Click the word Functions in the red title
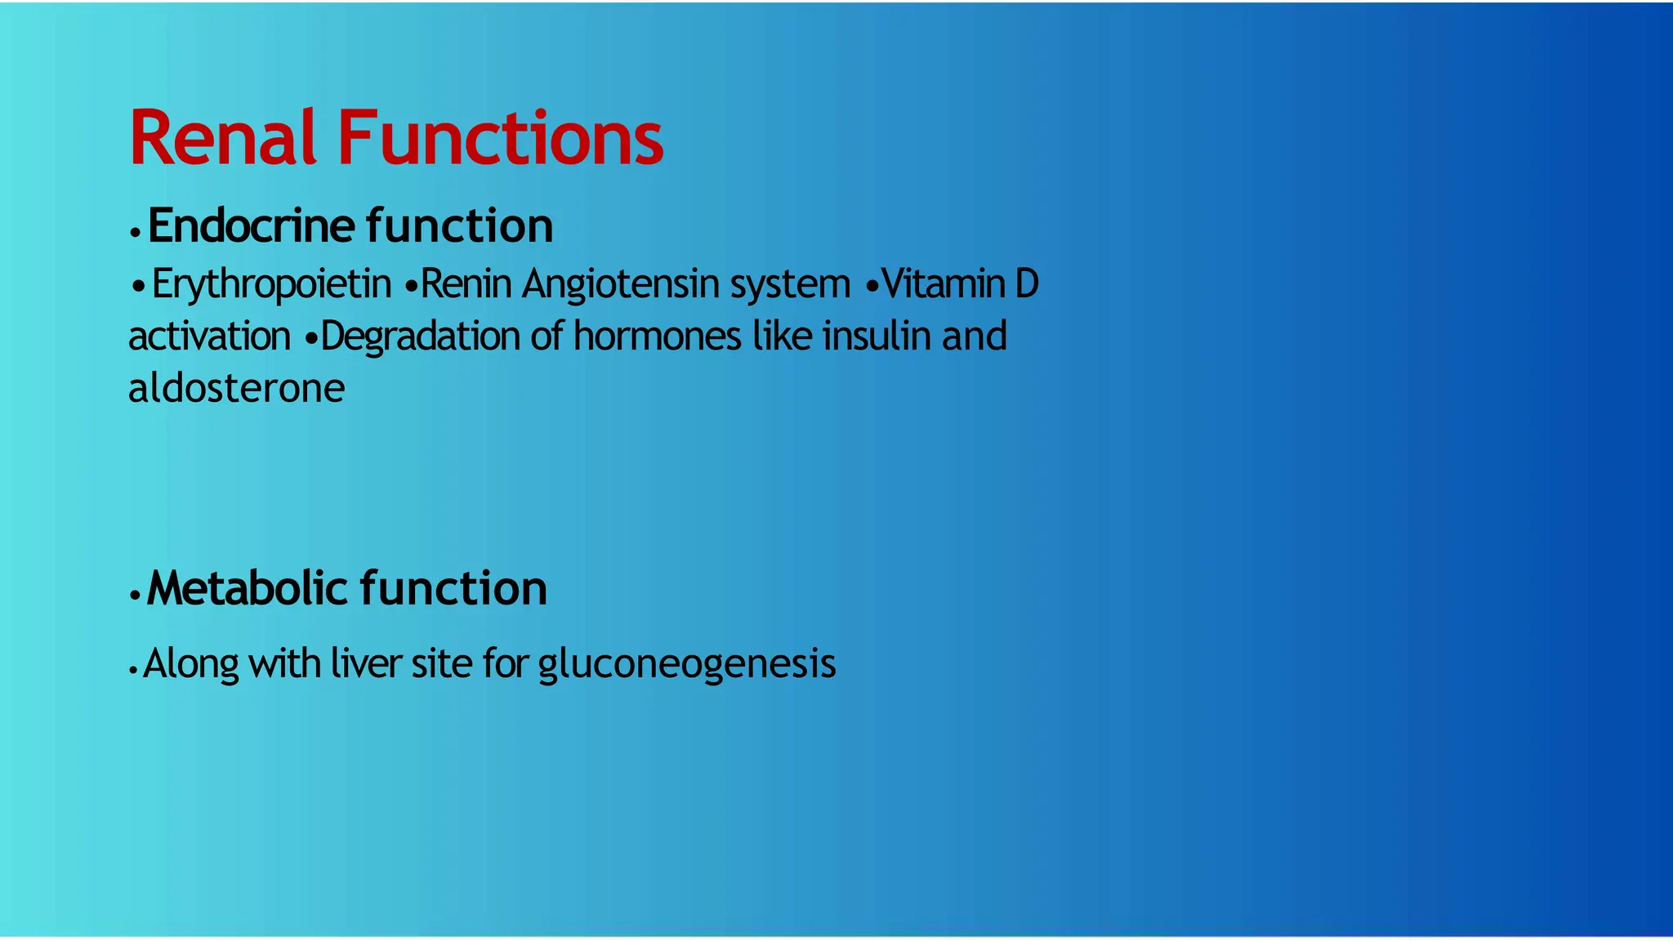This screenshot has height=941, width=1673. click(x=500, y=139)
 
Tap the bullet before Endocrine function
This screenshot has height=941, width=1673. click(x=136, y=233)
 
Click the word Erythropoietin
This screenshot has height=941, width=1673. click(x=271, y=284)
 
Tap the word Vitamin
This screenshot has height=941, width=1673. click(x=944, y=284)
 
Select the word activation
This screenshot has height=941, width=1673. click(x=209, y=337)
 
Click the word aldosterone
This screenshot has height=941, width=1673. click(x=236, y=388)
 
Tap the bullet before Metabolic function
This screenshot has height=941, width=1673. click(x=136, y=595)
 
